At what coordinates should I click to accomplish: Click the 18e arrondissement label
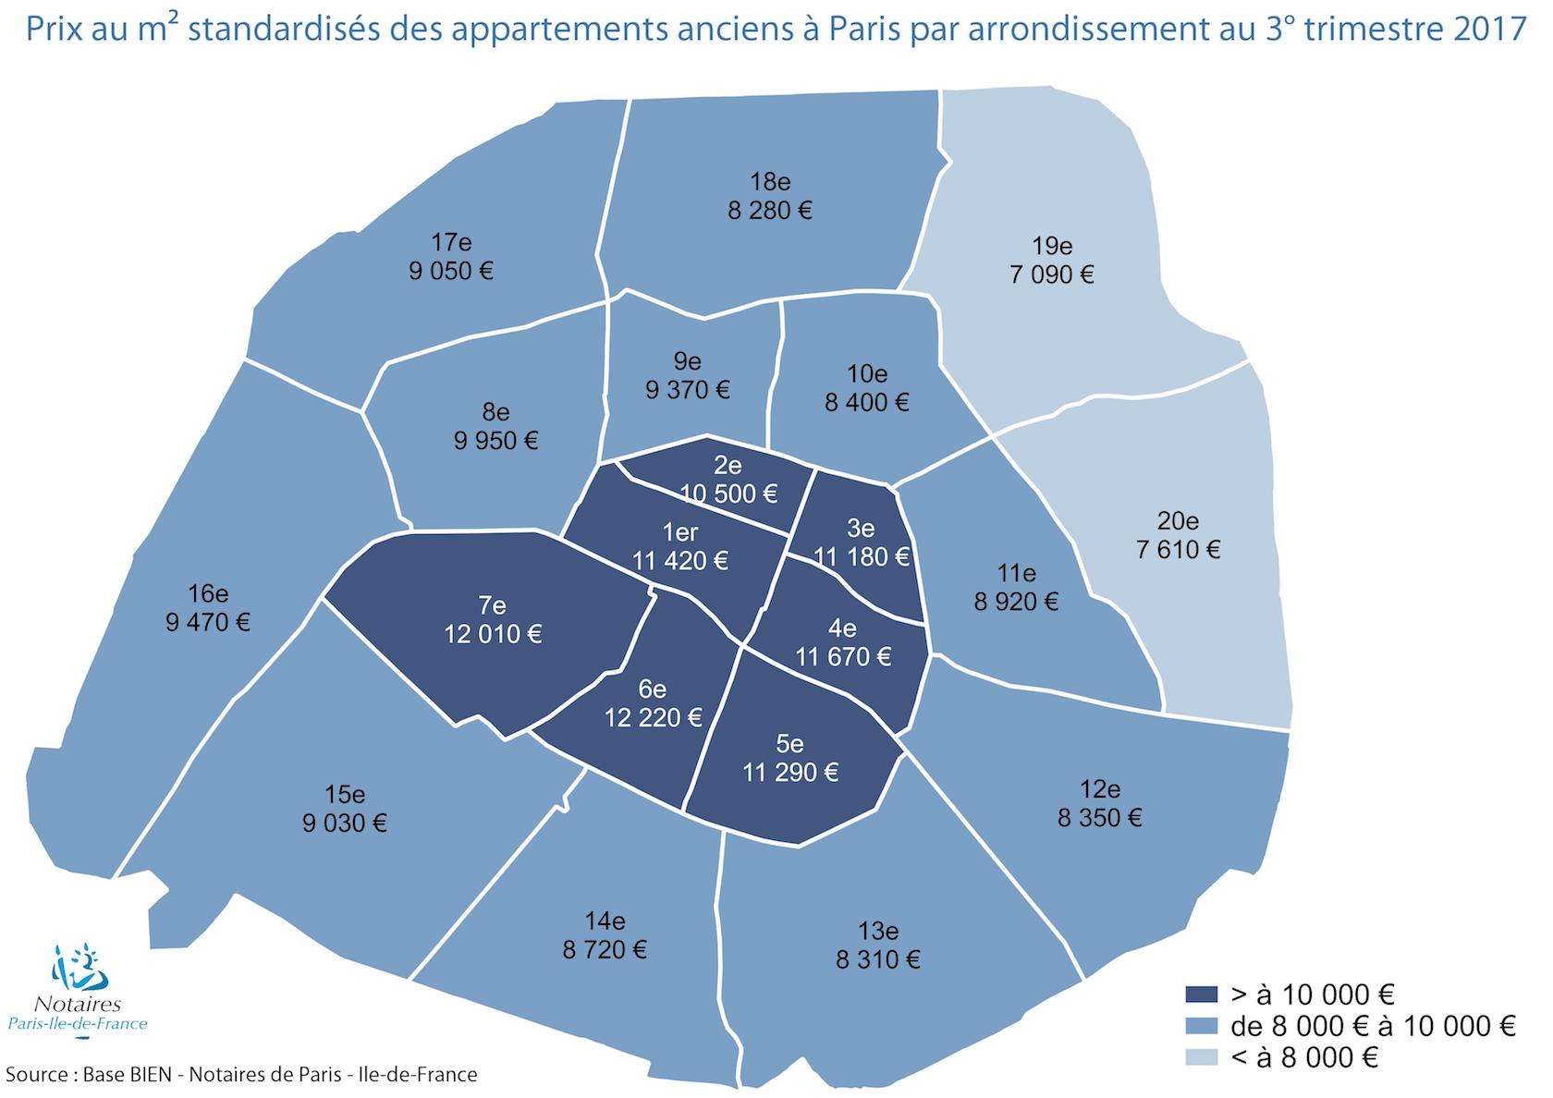click(x=770, y=181)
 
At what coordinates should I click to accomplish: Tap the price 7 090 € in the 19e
click(x=1052, y=274)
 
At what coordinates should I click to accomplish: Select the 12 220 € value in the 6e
click(x=653, y=717)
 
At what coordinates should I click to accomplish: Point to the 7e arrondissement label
click(x=492, y=605)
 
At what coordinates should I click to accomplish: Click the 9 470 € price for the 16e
click(x=208, y=622)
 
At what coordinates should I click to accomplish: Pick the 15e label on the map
click(x=345, y=794)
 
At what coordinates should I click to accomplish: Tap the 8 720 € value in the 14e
click(x=605, y=949)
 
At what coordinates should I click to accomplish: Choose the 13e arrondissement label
click(x=878, y=931)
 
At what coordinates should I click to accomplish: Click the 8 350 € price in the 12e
click(x=1100, y=818)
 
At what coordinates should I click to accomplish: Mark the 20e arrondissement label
click(x=1177, y=520)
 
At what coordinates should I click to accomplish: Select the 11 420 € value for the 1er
click(x=680, y=560)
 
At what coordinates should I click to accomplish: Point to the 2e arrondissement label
click(x=728, y=466)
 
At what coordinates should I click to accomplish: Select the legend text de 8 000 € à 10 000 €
click(x=1373, y=1026)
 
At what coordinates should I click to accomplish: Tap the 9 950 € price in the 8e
click(x=496, y=441)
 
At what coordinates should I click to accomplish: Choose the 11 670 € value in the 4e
click(x=843, y=657)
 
